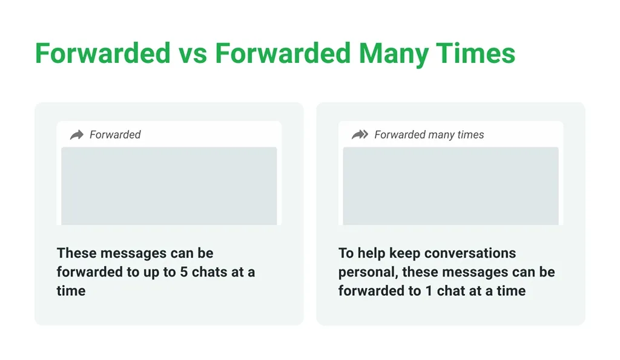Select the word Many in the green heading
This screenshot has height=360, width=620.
point(393,54)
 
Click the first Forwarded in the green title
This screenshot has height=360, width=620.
point(103,53)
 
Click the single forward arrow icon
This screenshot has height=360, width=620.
point(77,135)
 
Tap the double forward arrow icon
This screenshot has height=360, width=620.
point(360,135)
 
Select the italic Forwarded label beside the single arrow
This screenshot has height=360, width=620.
point(115,135)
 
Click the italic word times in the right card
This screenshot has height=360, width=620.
point(470,135)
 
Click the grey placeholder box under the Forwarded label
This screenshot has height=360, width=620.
point(169,186)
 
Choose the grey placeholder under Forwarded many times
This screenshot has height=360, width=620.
point(450,186)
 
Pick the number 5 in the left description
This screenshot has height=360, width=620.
point(184,272)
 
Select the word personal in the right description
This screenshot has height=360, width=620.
point(368,272)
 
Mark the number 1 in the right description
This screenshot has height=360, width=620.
point(429,291)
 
